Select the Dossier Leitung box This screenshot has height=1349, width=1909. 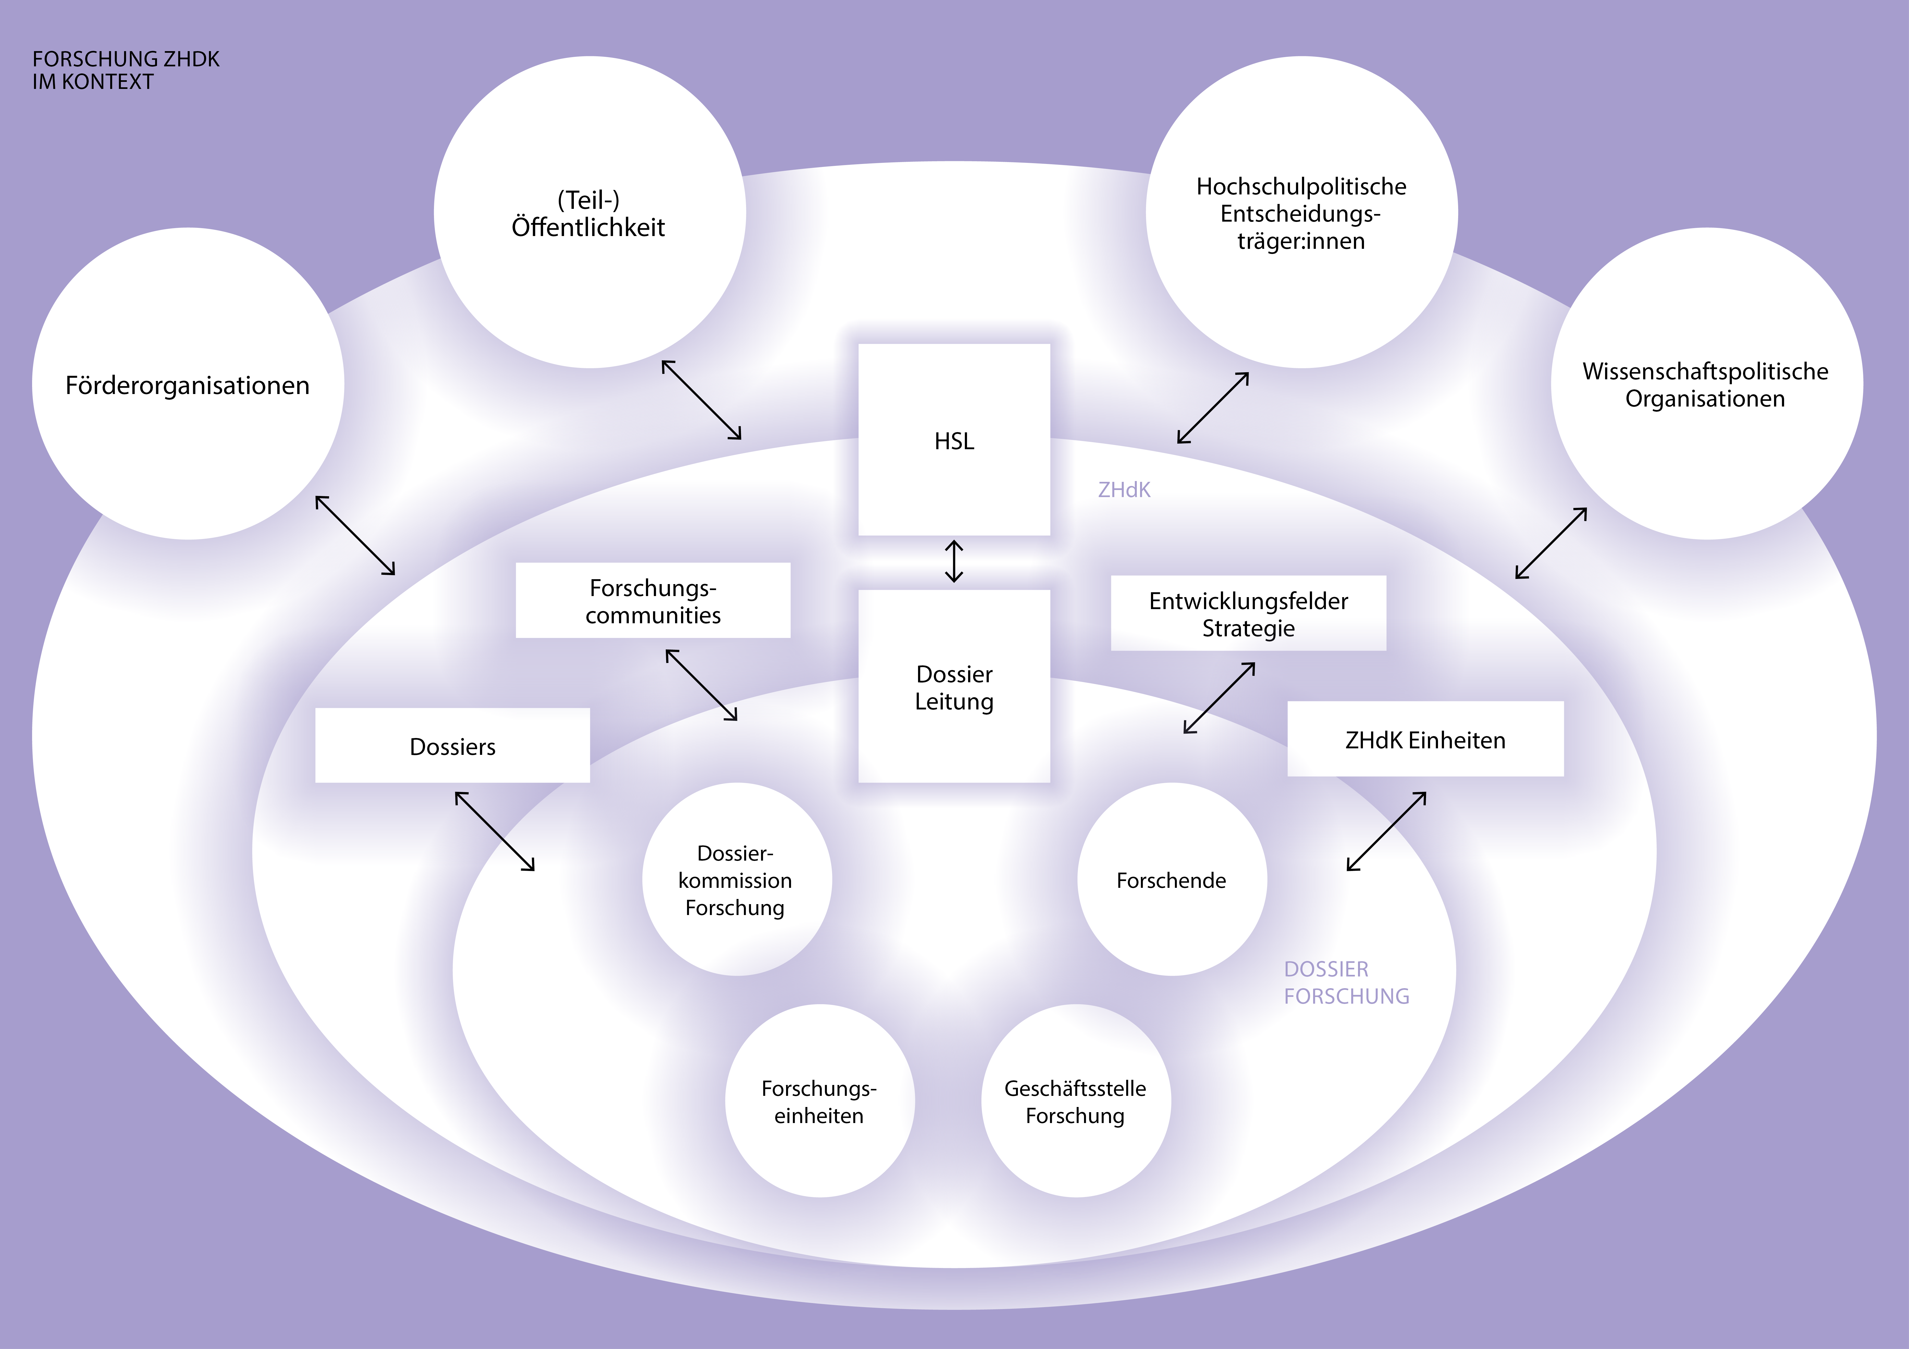click(954, 687)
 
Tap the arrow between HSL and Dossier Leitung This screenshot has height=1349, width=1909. click(954, 562)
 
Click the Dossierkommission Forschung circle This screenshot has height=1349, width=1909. click(736, 879)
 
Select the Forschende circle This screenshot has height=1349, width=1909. click(1172, 879)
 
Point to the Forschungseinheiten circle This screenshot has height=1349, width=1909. click(819, 1101)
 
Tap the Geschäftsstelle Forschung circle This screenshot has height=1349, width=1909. click(1075, 1101)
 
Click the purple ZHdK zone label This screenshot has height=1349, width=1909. click(1124, 489)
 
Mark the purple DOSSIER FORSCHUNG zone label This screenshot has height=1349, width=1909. click(1346, 982)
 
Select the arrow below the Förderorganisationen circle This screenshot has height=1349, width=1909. click(355, 535)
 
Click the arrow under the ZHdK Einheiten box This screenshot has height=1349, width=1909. click(1386, 831)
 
